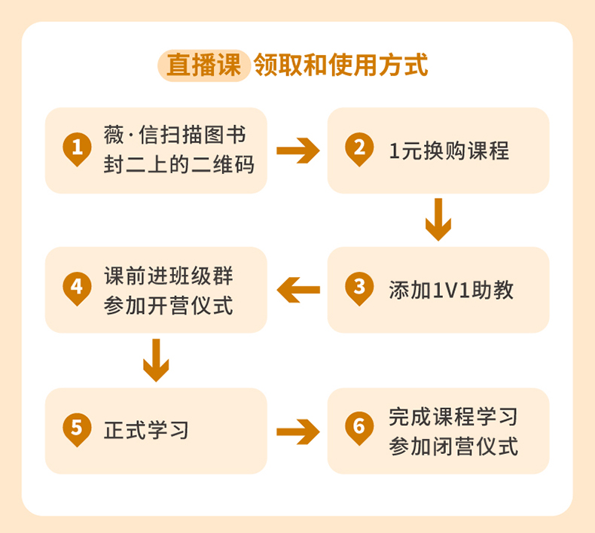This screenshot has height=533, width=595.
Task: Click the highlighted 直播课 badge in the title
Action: (x=203, y=65)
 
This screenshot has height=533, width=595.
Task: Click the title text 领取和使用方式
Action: (x=341, y=65)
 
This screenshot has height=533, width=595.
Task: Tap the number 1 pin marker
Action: (x=76, y=148)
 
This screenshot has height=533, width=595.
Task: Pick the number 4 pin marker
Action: (x=76, y=288)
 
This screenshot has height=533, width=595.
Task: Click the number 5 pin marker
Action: (x=76, y=428)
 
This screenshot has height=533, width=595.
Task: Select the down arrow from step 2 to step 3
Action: (x=438, y=219)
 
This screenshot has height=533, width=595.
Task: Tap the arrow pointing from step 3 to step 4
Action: (x=297, y=290)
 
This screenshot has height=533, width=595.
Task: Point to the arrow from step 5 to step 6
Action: (x=297, y=431)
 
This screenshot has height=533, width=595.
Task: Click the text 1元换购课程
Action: (x=449, y=151)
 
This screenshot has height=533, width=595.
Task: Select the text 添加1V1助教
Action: (x=451, y=290)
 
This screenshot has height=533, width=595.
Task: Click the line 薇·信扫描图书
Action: (x=174, y=136)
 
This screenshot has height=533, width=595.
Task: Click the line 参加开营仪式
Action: (x=169, y=305)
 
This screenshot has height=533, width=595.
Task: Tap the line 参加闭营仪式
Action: (x=453, y=446)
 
